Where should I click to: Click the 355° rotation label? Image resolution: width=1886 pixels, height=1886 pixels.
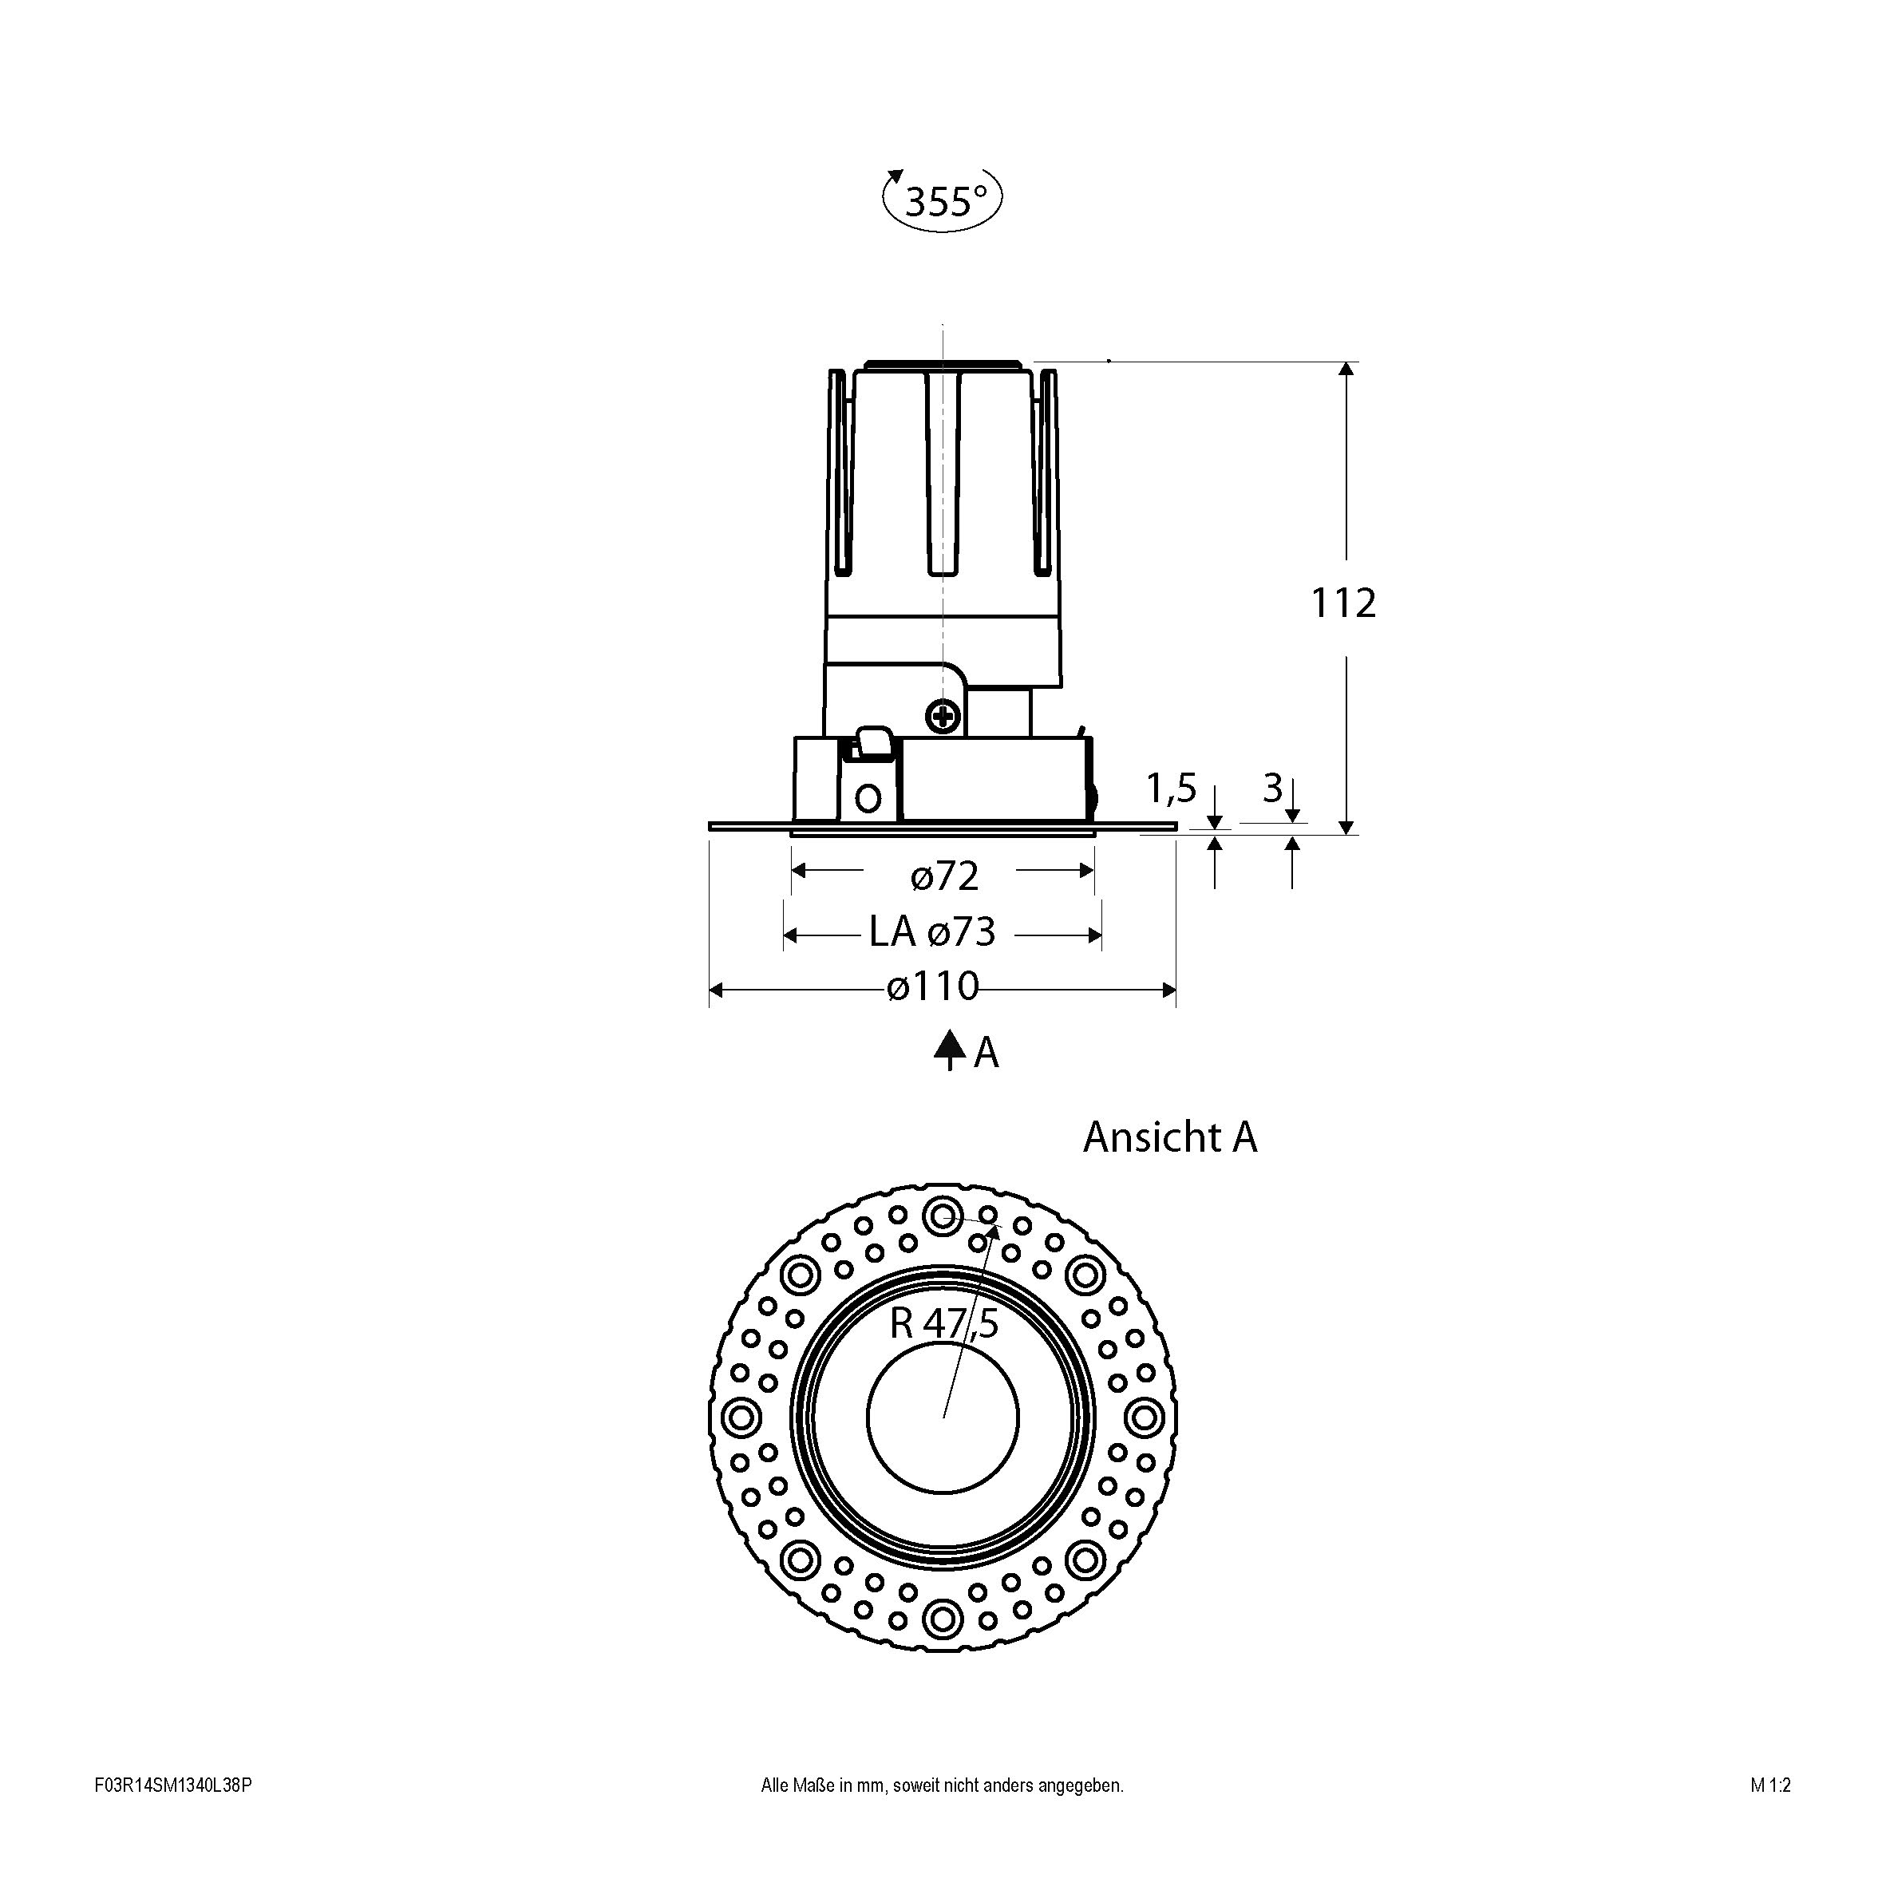[x=942, y=201]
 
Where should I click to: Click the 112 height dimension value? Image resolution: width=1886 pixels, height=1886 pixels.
[x=1343, y=603]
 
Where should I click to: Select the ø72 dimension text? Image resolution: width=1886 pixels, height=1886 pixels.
[x=944, y=876]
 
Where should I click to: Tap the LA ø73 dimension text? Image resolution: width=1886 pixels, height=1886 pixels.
[x=932, y=932]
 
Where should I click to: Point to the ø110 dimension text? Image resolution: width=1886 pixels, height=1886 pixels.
[x=932, y=987]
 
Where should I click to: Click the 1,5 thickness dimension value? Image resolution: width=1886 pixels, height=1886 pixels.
[x=1170, y=788]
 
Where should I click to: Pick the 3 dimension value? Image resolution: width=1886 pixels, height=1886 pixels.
[x=1272, y=788]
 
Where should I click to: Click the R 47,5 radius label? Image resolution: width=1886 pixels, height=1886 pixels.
[x=944, y=1324]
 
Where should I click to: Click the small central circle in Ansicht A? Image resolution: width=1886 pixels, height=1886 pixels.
[x=943, y=1417]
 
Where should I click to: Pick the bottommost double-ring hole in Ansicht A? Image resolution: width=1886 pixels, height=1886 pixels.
[x=943, y=1619]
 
